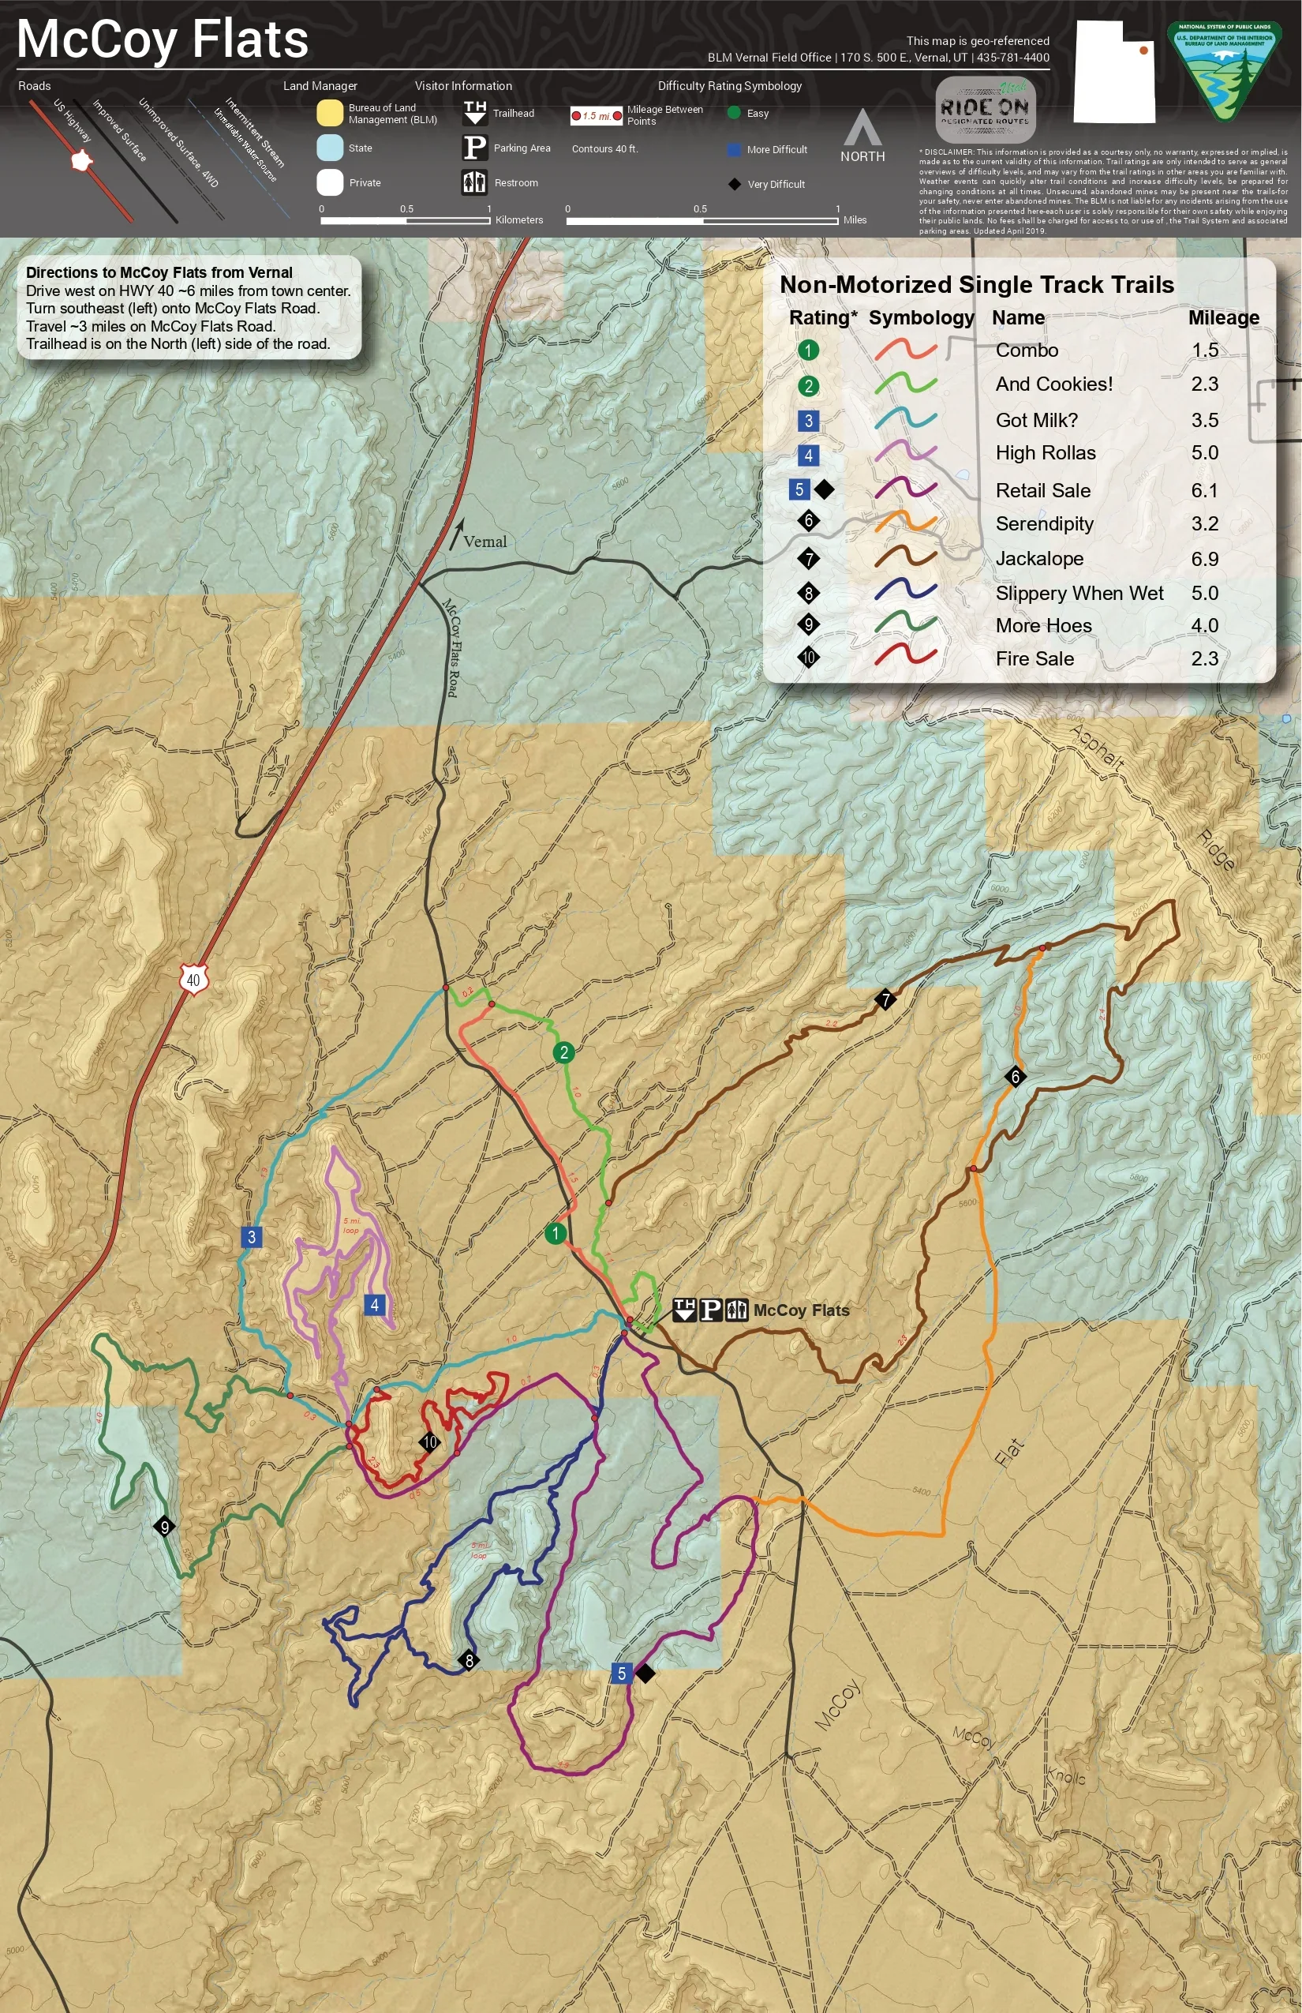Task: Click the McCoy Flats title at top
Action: [163, 39]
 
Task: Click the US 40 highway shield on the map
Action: [193, 980]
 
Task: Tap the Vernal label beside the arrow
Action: [485, 542]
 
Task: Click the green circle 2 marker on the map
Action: [564, 1053]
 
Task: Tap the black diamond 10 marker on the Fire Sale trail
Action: [429, 1442]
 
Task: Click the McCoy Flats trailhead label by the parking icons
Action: [801, 1310]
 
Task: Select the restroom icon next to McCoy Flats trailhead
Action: [736, 1310]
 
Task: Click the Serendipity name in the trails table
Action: [1044, 524]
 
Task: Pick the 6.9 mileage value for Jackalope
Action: [1204, 559]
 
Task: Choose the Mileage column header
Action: [1222, 318]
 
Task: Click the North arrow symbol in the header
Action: [862, 129]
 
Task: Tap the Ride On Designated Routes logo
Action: [985, 110]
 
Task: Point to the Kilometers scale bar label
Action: [519, 220]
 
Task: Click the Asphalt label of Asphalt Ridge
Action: [1098, 748]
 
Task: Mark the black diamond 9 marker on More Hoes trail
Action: [165, 1527]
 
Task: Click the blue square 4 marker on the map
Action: [375, 1305]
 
